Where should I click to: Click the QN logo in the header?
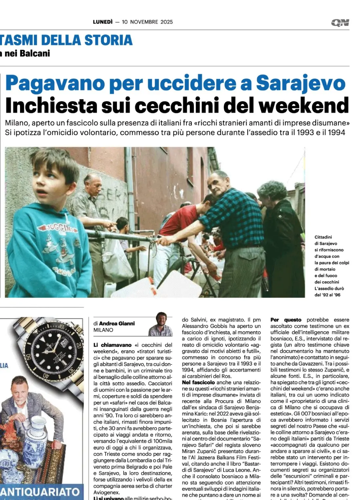tap(340, 22)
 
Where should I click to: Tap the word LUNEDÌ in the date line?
tap(103, 22)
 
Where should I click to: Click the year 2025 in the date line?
tap(167, 22)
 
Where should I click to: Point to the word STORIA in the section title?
tap(109, 40)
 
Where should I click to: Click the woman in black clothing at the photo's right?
tap(282, 236)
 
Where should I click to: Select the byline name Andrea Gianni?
tap(117, 323)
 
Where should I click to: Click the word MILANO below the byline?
tap(103, 330)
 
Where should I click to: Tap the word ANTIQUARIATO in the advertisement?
tap(40, 492)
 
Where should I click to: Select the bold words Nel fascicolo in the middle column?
tap(198, 383)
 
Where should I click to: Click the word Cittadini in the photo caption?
tap(323, 237)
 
